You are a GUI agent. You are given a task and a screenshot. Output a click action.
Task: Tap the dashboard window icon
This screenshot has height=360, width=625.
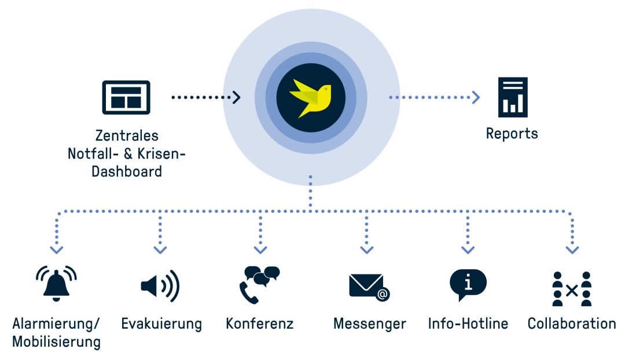click(x=126, y=97)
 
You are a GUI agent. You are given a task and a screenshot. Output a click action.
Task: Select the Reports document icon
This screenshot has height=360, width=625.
click(x=513, y=97)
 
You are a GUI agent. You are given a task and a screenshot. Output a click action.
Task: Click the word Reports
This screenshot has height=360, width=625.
click(x=512, y=134)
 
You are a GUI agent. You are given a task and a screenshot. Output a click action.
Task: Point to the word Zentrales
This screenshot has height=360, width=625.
click(x=127, y=135)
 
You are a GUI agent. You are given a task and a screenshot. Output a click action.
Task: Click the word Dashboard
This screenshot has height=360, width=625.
click(x=127, y=171)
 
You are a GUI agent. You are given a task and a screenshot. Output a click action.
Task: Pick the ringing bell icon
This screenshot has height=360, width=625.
click(x=56, y=284)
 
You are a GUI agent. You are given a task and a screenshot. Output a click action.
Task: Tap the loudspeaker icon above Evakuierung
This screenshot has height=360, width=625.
click(x=160, y=286)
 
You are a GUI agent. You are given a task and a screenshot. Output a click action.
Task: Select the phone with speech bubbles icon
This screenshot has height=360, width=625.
click(x=259, y=285)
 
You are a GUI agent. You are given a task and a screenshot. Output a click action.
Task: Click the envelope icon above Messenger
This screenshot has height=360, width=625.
click(x=369, y=287)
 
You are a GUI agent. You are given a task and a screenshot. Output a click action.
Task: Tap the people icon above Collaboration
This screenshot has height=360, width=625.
click(x=572, y=289)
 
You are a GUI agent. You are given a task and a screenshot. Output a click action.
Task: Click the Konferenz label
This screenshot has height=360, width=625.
click(x=259, y=324)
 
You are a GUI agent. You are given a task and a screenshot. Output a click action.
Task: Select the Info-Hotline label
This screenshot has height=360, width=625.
click(x=468, y=324)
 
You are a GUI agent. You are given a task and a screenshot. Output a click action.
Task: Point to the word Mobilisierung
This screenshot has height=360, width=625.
click(x=56, y=342)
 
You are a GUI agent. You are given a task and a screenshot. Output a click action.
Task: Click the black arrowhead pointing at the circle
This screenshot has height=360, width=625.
click(x=237, y=97)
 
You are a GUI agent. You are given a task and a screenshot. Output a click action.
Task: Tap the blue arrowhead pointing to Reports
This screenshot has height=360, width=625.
click(x=476, y=97)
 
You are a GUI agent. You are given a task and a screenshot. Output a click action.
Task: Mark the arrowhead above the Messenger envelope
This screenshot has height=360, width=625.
click(x=367, y=250)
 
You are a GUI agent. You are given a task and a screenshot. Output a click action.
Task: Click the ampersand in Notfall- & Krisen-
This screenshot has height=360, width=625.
click(x=128, y=154)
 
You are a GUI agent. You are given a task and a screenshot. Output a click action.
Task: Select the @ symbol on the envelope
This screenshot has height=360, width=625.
click(x=383, y=294)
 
